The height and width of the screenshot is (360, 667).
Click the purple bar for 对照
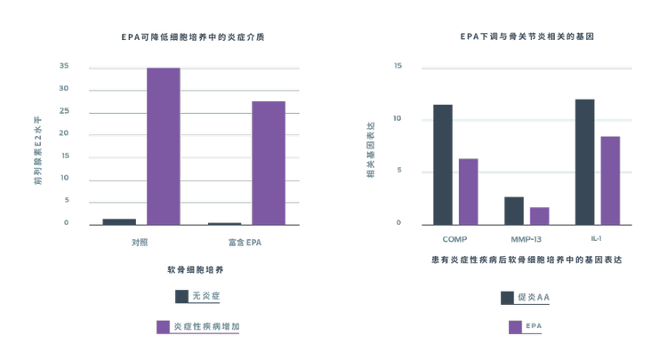(163, 146)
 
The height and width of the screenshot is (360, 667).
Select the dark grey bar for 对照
(119, 221)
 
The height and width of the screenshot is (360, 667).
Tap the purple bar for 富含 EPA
(269, 163)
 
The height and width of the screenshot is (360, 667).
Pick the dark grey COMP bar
(442, 164)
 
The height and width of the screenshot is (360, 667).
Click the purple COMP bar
(468, 191)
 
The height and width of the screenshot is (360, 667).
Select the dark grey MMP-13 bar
(514, 211)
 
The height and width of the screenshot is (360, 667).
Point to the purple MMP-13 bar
(539, 216)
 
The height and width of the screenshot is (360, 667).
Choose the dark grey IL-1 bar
(584, 162)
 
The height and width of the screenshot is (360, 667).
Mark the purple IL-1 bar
(610, 180)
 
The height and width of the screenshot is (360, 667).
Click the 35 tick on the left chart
(64, 66)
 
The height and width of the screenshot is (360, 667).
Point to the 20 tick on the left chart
(64, 133)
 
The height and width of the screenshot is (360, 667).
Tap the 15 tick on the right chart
(397, 66)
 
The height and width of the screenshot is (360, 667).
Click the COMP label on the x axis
(454, 240)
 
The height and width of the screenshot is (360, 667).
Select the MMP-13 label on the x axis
(526, 240)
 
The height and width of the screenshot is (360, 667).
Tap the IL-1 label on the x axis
(598, 240)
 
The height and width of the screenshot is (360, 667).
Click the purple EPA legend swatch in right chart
(515, 327)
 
